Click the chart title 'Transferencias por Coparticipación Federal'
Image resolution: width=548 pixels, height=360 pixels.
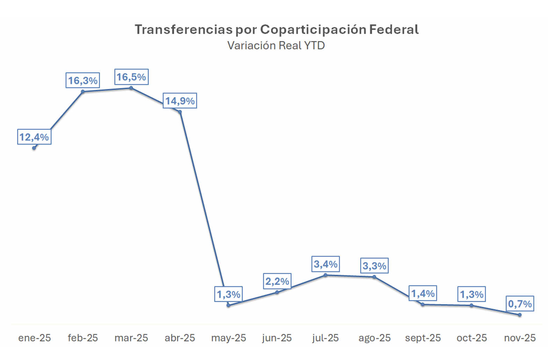click(276, 30)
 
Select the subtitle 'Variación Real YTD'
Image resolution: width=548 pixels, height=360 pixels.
click(276, 45)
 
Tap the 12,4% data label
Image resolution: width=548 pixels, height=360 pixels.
click(34, 137)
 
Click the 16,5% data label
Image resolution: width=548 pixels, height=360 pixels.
click(131, 77)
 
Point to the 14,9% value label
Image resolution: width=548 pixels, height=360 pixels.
click(180, 101)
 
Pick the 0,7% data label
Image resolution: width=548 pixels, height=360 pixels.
click(520, 304)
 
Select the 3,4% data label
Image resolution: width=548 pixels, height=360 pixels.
click(326, 264)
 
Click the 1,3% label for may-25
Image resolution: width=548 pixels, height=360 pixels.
click(229, 294)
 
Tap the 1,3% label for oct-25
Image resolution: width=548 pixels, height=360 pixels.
click(471, 294)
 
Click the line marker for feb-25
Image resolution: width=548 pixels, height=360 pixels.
click(83, 92)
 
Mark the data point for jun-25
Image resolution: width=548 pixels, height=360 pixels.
click(277, 292)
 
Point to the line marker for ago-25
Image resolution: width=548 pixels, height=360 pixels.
click(374, 277)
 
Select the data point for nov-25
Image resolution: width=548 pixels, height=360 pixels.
click(520, 315)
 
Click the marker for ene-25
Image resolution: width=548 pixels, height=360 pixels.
click(34, 148)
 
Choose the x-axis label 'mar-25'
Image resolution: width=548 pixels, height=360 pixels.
click(131, 338)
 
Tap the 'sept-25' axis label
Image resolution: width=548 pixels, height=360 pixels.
click(423, 338)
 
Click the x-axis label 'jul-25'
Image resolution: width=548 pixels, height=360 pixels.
click(325, 338)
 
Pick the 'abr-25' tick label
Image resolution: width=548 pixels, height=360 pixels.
click(180, 338)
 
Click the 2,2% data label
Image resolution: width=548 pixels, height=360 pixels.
click(277, 281)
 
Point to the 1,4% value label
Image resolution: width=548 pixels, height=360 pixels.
click(423, 293)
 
